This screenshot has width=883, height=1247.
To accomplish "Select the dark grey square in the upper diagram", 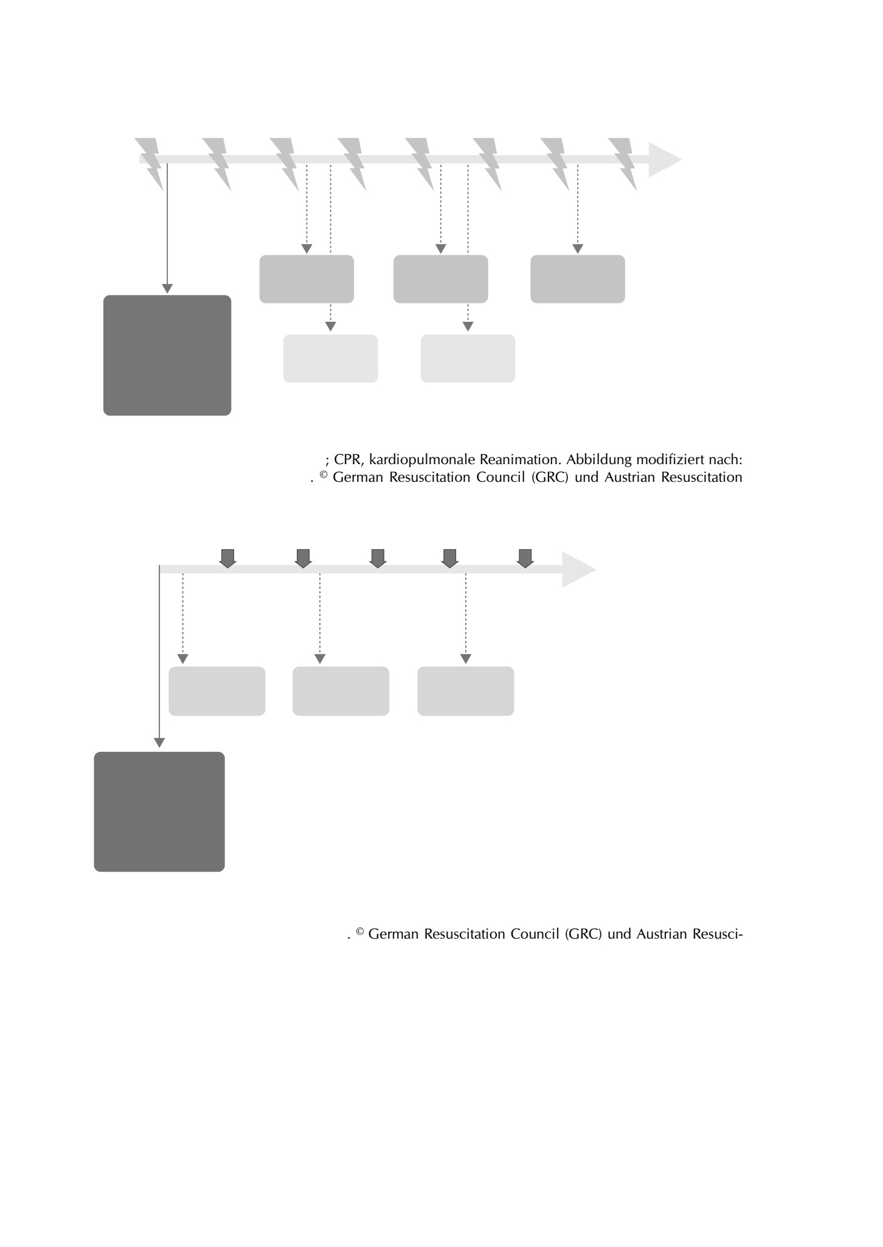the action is coord(167,355).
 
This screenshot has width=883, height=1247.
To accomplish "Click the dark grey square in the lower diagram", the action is coord(159,811).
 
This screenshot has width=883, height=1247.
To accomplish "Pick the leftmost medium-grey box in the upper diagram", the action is coord(306,279).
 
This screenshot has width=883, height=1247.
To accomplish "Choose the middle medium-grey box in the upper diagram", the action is coord(441,279).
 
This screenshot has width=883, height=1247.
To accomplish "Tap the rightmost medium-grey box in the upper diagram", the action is coord(578,279).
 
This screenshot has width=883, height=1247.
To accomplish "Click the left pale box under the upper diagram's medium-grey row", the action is coord(331,358).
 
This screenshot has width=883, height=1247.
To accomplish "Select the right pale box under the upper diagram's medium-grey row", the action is coord(468,358).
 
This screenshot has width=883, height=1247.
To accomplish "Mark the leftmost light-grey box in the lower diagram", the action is coord(217,691).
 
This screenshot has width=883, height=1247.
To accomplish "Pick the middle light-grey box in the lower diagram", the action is coord(341,691).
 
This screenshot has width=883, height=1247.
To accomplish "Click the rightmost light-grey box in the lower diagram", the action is coord(466,691).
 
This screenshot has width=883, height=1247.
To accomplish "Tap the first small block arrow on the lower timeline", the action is coord(227,558).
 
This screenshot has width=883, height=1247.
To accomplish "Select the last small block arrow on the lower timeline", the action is coord(525,558).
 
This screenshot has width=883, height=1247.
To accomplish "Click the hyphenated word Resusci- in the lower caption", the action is coord(717,934).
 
